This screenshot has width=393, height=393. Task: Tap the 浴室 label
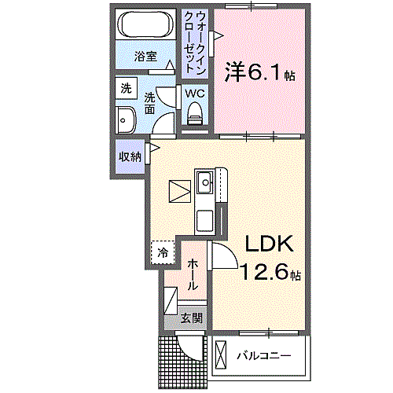point(146,57)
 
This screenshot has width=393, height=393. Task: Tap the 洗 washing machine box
point(126,89)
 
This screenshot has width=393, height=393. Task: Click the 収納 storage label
point(130,156)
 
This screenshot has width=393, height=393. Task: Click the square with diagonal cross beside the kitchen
point(179,191)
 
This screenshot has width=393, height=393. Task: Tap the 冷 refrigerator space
point(162,252)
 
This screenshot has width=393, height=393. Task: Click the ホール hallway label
point(193,270)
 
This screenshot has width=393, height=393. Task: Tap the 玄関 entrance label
point(191,318)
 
